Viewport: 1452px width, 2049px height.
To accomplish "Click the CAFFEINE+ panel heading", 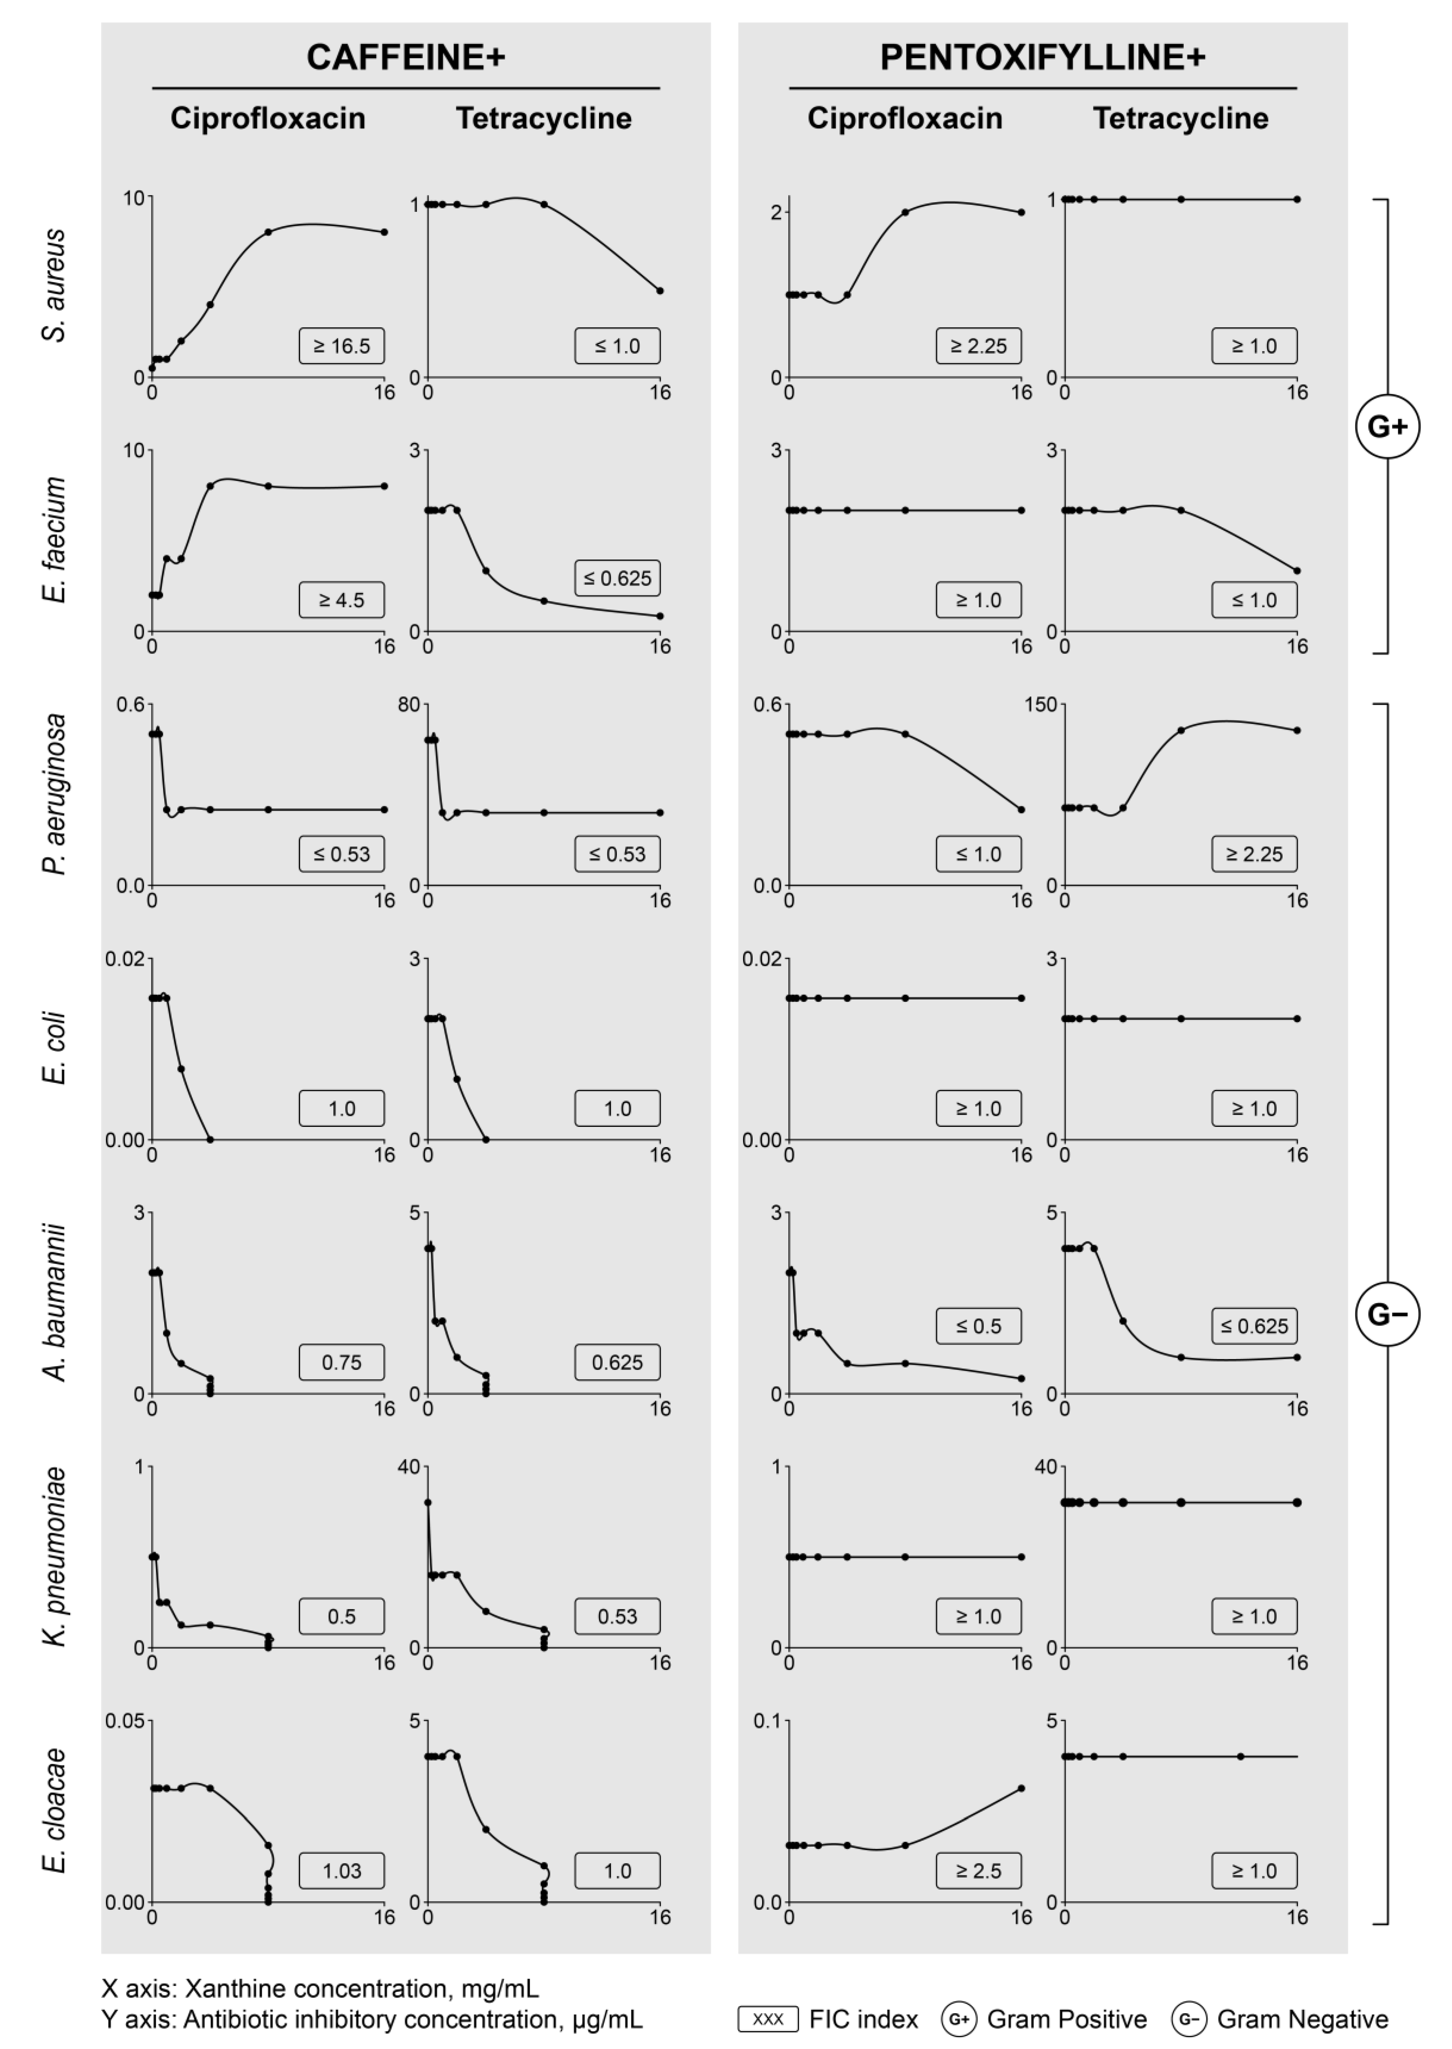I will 406,57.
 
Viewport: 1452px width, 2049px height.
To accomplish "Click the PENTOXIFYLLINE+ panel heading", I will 1043,57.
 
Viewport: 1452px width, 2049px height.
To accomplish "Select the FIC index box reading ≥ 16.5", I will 342,346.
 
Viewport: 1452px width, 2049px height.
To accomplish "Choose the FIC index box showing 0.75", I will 342,1363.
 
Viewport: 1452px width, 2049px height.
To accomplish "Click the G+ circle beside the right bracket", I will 1387,427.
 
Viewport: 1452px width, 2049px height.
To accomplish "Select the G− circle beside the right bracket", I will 1387,1314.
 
